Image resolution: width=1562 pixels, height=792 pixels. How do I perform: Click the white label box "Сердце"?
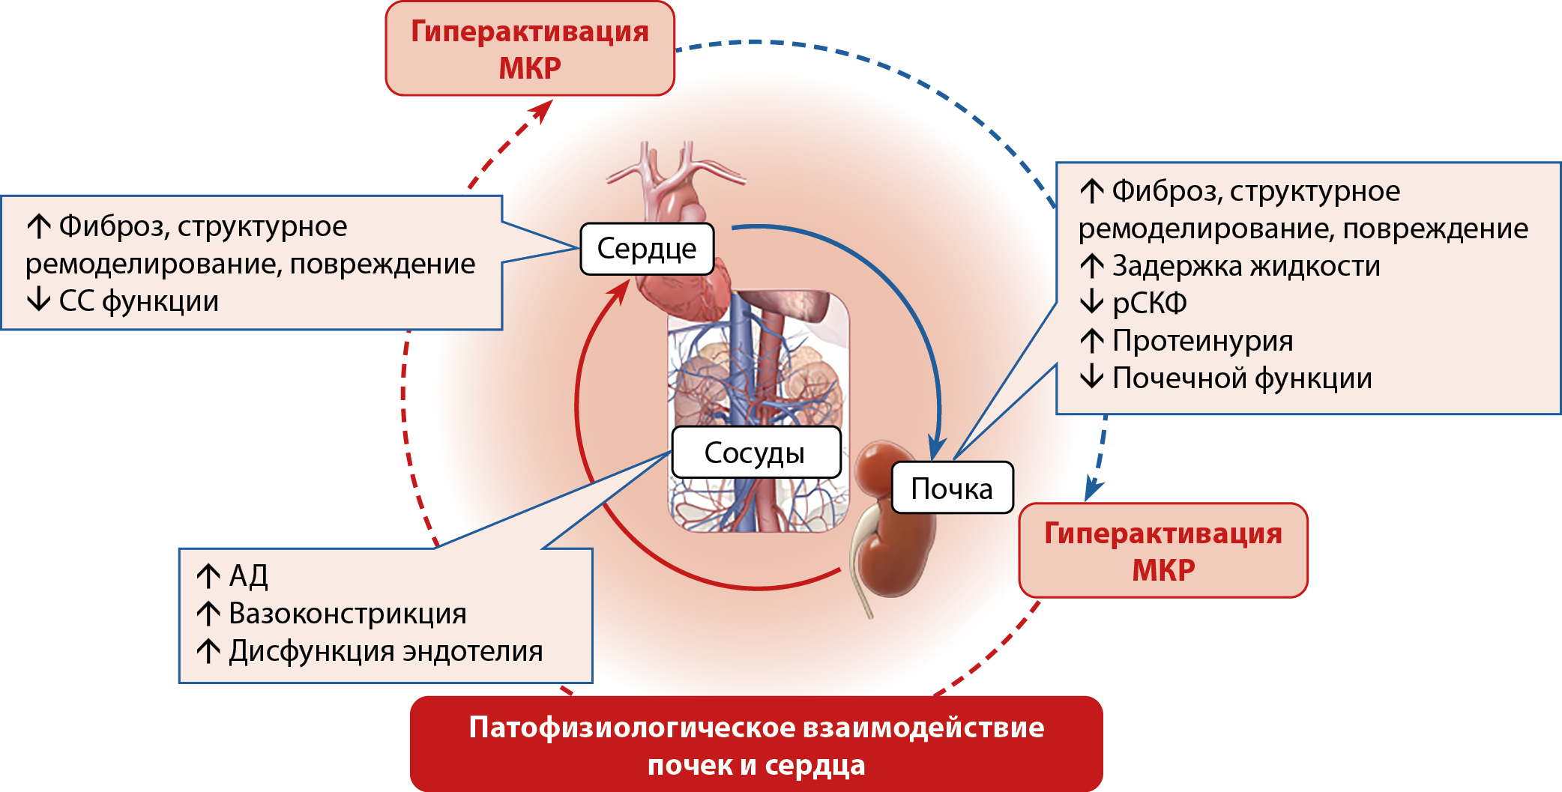(x=647, y=249)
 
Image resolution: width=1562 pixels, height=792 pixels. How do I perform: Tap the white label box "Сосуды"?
(x=756, y=453)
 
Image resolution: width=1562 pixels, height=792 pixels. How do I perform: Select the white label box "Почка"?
(x=952, y=489)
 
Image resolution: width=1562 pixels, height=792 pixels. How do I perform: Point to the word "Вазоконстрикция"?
(x=348, y=614)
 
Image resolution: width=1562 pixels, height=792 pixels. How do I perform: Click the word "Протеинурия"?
(x=1203, y=341)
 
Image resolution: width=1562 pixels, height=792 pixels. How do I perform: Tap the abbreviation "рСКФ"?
(x=1150, y=303)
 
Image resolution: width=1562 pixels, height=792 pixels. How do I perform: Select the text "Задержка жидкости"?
(x=1246, y=266)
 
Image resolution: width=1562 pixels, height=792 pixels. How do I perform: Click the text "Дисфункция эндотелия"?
(x=386, y=651)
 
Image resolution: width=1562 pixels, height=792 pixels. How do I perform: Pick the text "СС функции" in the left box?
(x=139, y=301)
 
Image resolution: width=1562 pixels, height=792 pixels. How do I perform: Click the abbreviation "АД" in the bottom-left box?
(x=248, y=575)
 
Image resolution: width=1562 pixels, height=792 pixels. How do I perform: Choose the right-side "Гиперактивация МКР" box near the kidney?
(x=1163, y=551)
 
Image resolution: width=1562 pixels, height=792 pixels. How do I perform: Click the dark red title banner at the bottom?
(x=756, y=745)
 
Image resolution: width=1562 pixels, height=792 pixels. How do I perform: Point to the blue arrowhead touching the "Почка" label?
(x=935, y=447)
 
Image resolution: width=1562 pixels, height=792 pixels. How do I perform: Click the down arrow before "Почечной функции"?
(x=1091, y=377)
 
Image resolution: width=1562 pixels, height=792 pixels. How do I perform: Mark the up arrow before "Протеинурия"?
(x=1091, y=340)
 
